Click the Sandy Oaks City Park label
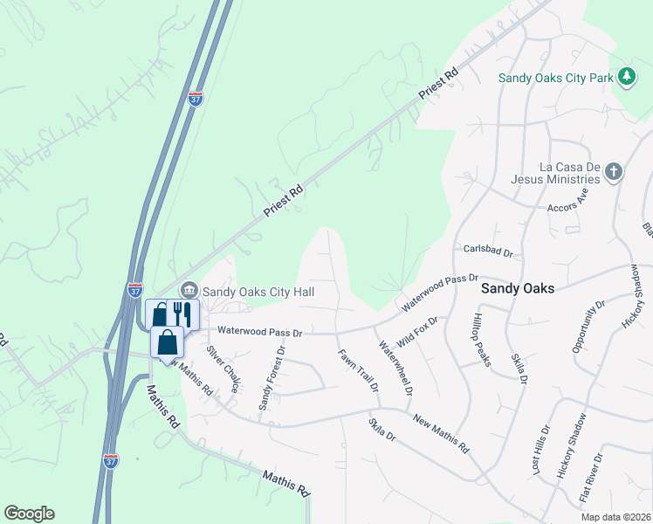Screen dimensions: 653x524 pos(557,78)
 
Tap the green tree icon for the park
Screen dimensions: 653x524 pos(626,77)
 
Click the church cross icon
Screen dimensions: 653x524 pos(614,171)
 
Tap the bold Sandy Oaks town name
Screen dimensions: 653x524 pos(519,288)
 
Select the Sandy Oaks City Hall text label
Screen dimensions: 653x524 pos(258,292)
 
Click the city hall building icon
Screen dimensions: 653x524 pos(188,291)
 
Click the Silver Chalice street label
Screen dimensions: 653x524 pos(223,369)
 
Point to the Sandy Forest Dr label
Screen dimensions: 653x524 pos(271,379)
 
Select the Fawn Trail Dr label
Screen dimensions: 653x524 pos(358,370)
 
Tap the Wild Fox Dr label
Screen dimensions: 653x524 pos(417,332)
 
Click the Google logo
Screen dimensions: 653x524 pos(29,514)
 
